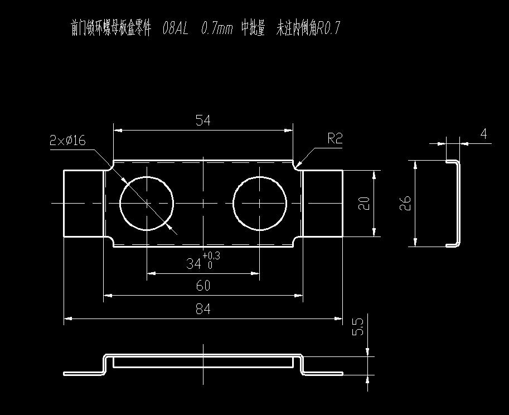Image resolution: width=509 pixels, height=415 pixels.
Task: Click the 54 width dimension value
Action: click(203, 121)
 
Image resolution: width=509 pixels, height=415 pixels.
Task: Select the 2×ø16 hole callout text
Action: click(67, 141)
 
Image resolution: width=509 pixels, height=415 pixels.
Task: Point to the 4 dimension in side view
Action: click(483, 134)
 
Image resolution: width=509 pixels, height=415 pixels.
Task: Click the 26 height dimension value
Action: click(406, 202)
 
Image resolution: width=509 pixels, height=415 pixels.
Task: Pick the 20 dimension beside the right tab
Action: click(365, 203)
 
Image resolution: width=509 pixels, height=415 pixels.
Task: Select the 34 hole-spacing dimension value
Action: click(193, 264)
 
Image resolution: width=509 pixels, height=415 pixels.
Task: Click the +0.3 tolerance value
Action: click(211, 256)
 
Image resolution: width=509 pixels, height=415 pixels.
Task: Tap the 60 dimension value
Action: click(203, 286)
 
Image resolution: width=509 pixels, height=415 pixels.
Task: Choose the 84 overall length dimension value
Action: click(203, 309)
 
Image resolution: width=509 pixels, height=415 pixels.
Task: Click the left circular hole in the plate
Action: click(147, 203)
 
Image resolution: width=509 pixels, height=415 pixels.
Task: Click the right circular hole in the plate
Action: click(260, 203)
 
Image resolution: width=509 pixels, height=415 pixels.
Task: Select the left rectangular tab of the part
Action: click(84, 203)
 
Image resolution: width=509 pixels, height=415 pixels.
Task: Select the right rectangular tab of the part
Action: click(322, 203)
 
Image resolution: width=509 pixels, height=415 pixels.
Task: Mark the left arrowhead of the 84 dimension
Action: click(67, 319)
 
